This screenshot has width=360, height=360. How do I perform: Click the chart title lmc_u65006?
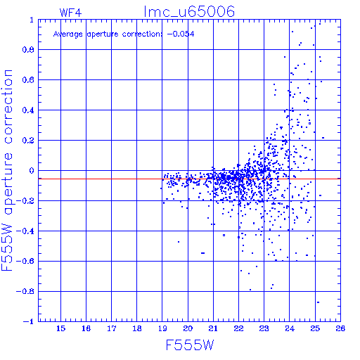click(x=189, y=12)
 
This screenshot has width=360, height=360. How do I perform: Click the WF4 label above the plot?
click(x=70, y=13)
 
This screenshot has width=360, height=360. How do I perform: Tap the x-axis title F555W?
click(x=190, y=345)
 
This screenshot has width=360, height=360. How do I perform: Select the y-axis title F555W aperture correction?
click(x=7, y=170)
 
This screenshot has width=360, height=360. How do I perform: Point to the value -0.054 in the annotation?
click(x=181, y=34)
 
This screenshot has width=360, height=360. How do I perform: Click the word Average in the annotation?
click(x=68, y=34)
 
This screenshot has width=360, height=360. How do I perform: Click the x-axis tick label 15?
click(x=60, y=328)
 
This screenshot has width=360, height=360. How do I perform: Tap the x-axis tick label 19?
click(x=162, y=328)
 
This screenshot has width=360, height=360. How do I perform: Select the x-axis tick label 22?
click(x=238, y=328)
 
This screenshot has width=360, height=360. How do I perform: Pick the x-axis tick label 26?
click(x=340, y=328)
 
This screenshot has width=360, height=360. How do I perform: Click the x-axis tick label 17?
click(x=112, y=328)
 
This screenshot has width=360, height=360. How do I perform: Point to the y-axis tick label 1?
click(x=32, y=20)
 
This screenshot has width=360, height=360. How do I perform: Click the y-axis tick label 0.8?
click(x=28, y=50)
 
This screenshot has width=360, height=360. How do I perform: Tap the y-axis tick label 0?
click(x=32, y=171)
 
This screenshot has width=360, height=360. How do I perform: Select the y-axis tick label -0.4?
click(x=25, y=231)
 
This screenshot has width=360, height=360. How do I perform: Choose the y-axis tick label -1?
click(x=28, y=321)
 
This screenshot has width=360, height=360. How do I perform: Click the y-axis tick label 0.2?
click(x=28, y=141)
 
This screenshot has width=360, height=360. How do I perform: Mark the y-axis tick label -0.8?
click(x=25, y=292)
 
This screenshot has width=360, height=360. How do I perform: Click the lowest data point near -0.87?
click(x=318, y=302)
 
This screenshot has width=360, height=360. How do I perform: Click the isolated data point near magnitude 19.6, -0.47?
click(x=179, y=242)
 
